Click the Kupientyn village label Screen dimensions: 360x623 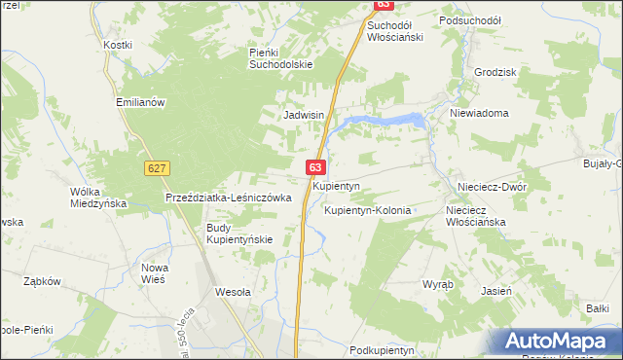click(x=337, y=185)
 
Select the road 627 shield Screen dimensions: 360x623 click(x=156, y=168)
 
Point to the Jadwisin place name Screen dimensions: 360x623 click(x=303, y=114)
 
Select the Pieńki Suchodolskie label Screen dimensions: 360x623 click(x=280, y=58)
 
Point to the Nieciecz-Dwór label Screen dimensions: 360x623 click(x=492, y=185)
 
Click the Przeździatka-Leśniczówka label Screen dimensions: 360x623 click(x=229, y=197)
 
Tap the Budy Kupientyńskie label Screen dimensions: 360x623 click(x=238, y=234)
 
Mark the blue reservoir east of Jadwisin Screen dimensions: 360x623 click(x=385, y=121)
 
